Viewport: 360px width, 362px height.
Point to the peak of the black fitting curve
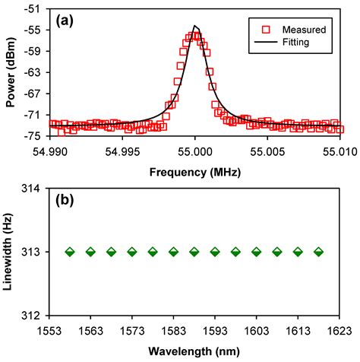[195, 27]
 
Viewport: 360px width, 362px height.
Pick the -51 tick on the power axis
[34, 8]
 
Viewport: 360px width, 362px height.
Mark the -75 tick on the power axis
[34, 136]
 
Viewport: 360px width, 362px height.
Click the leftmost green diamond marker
[71, 252]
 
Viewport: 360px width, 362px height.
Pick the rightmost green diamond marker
[318, 252]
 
